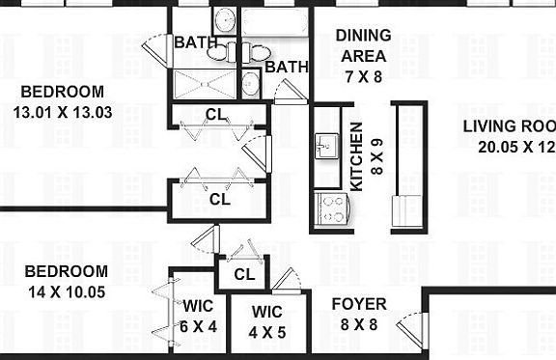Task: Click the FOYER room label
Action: coord(359,304)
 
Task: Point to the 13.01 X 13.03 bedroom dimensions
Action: coord(63,111)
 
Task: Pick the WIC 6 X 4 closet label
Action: coord(197,317)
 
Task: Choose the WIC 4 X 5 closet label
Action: coord(266,321)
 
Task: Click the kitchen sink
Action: coord(324,147)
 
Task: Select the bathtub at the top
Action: coord(275,21)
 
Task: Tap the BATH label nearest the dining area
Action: coord(286,67)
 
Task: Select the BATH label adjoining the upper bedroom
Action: coord(195,42)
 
